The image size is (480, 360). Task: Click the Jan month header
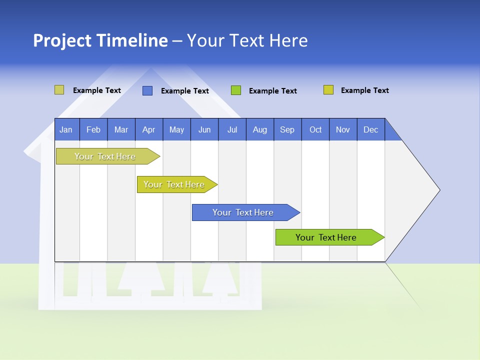pos(66,129)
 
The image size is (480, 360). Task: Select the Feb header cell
pos(93,129)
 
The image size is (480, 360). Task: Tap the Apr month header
pos(149,129)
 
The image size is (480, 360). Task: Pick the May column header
pos(176,129)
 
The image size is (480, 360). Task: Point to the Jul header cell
pos(232,129)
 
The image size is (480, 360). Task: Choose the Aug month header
pos(259,129)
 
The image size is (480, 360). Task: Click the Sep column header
pos(287,129)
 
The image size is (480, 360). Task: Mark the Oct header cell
pos(315,129)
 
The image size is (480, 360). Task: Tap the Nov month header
pos(343,129)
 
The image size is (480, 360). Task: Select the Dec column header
pos(371,129)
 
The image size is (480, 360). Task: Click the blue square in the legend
pos(147,90)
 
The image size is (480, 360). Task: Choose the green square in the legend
pos(236,90)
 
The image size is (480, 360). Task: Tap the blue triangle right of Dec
pos(391,132)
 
